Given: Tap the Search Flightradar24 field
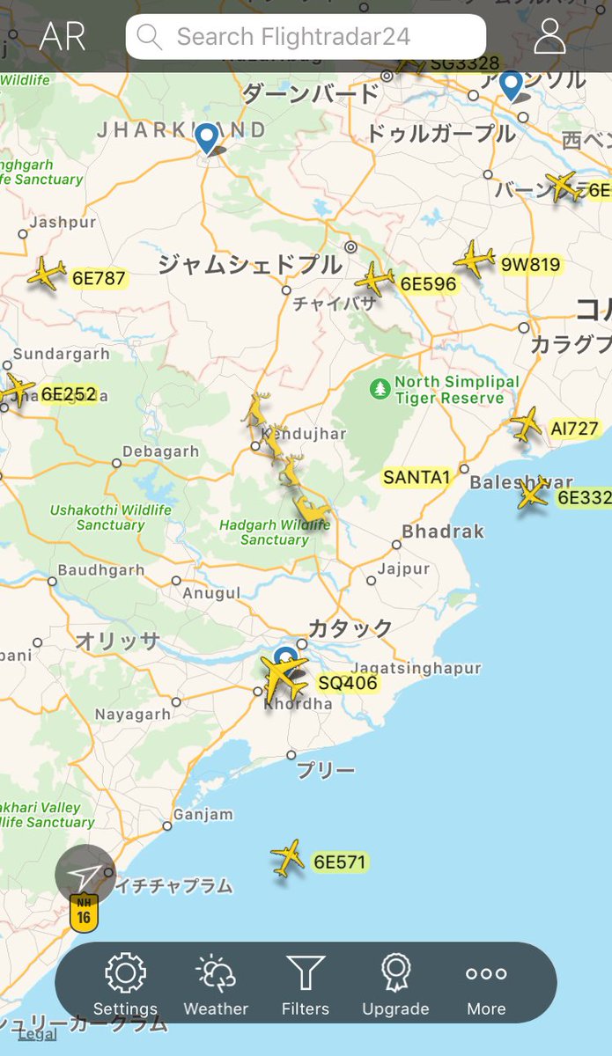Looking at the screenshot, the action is point(306,37).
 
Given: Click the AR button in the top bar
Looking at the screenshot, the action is point(63,37).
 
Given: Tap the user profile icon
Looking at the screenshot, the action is point(549,35).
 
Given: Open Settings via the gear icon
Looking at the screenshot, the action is point(125,974).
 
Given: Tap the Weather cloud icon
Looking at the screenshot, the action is point(216,974).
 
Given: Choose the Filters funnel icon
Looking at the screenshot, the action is point(306,974).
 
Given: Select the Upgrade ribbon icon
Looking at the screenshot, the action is point(395,974).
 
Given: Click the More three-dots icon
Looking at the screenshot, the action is point(486,974).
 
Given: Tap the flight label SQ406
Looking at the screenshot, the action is point(348,683).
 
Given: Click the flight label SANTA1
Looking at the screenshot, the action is point(417,478).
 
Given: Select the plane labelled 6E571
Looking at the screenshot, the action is point(288,858).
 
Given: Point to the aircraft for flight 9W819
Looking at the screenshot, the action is point(475,260).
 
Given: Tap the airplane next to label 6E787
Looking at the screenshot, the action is point(47,274).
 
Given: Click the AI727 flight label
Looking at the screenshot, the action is point(574,429).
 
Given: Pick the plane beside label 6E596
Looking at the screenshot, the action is point(375,279).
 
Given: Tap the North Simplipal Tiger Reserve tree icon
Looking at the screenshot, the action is point(380,388).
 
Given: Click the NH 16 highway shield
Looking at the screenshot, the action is point(84,911).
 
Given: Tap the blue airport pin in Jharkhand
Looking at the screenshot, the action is point(207,138).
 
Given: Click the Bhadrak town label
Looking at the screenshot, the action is point(443,532).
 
